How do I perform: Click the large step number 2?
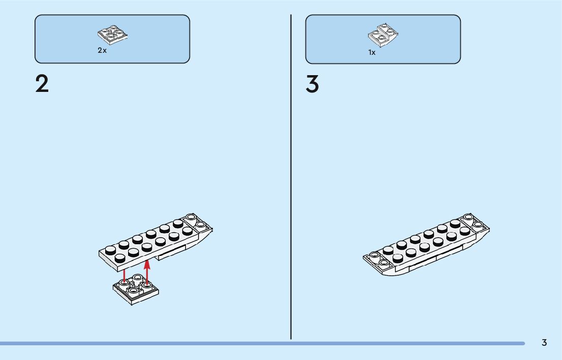42,84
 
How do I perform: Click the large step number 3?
312,84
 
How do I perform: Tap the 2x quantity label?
102,51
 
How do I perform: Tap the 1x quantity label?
372,52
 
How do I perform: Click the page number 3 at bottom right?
544,343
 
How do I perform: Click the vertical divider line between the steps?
291,178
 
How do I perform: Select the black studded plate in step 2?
147,241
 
